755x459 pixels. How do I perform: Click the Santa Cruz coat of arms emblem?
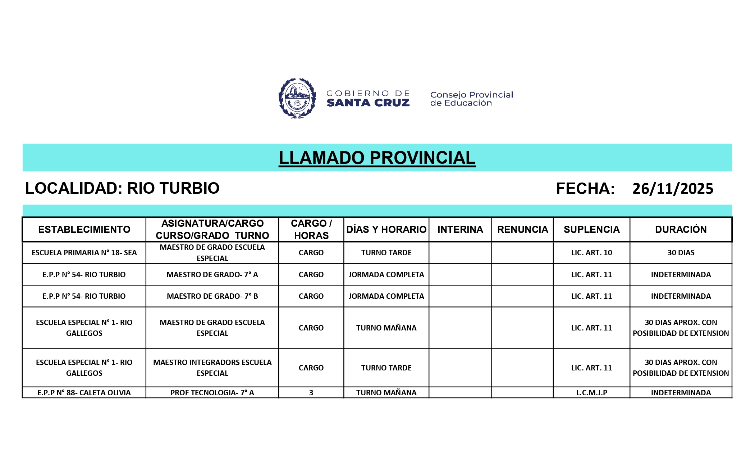coord(297,98)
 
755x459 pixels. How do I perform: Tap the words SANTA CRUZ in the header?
coord(368,103)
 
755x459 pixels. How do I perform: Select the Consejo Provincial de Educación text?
coord(471,99)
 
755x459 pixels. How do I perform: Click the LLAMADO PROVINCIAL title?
coord(377,158)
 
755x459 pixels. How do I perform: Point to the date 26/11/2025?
coord(673,189)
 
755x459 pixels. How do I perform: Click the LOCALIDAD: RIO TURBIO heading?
coord(122,188)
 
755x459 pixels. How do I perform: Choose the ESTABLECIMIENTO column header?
coord(84,230)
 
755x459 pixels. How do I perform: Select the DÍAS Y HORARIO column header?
coord(386,230)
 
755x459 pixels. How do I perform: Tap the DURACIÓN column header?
coord(681,230)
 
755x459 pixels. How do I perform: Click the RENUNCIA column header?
coord(522,230)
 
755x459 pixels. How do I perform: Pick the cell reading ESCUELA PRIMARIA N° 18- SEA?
coord(84,253)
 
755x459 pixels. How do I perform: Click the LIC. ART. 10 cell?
coord(591,253)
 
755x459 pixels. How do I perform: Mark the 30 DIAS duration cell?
coord(681,253)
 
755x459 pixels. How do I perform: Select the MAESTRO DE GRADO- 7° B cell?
coord(212,296)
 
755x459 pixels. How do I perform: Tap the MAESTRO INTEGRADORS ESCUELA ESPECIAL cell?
coord(212,368)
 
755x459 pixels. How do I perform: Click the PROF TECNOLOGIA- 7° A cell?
coord(212,393)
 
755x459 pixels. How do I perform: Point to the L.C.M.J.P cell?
coord(591,393)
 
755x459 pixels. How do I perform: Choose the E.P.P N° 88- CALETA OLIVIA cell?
coord(84,393)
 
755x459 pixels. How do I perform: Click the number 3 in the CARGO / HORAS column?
coord(311,393)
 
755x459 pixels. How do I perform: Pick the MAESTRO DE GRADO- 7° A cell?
coord(212,275)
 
